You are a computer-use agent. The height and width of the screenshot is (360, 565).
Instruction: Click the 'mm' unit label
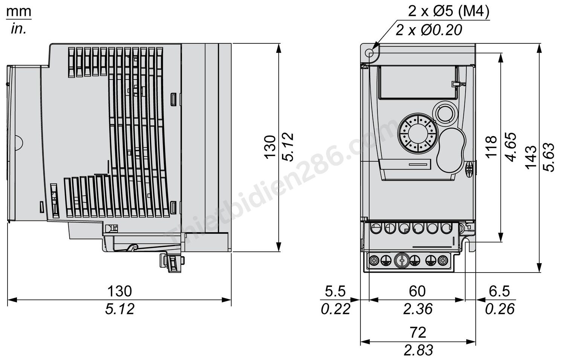click(18, 12)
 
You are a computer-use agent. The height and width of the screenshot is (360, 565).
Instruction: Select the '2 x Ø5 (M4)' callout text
click(449, 12)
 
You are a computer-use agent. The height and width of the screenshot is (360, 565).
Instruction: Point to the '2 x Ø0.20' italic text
click(429, 30)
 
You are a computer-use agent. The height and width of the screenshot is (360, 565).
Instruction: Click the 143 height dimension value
click(531, 157)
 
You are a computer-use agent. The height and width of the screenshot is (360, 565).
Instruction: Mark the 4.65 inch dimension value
click(511, 147)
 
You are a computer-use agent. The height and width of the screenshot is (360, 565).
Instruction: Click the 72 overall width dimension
click(418, 332)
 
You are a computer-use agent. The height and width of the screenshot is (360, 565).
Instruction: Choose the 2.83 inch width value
click(418, 350)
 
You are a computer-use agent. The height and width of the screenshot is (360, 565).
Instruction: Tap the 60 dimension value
click(417, 291)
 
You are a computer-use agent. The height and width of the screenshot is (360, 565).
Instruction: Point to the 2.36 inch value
click(417, 309)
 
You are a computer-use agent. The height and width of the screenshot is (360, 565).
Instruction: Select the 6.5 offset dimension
click(499, 291)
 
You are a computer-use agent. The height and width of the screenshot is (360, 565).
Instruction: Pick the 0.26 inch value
click(499, 309)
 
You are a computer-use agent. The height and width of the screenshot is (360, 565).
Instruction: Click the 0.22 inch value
click(335, 309)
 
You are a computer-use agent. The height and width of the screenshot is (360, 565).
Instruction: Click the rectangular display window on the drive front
click(418, 82)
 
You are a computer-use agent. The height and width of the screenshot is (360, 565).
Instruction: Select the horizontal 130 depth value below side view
click(120, 291)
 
